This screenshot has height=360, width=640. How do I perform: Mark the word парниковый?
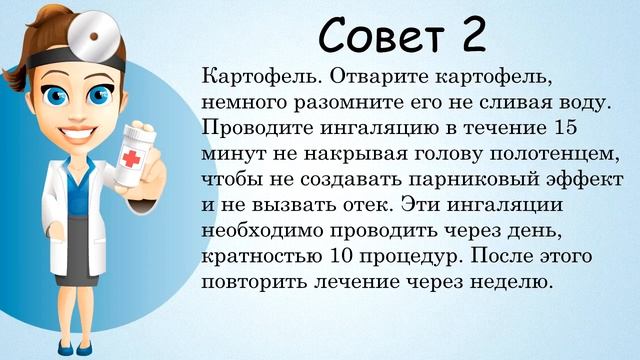pyautogui.click(x=463, y=180)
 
